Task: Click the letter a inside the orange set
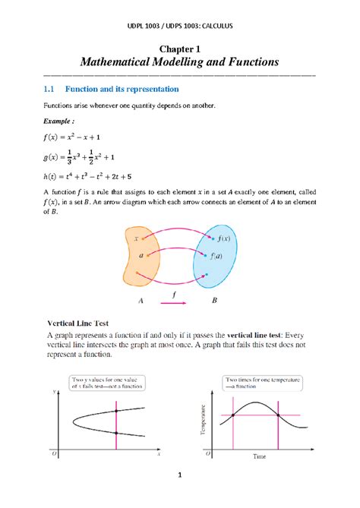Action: (x=141, y=256)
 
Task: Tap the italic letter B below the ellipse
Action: (x=214, y=300)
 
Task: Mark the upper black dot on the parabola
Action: (x=115, y=410)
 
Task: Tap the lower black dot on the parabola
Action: (x=115, y=432)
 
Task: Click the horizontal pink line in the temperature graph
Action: (x=258, y=415)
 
